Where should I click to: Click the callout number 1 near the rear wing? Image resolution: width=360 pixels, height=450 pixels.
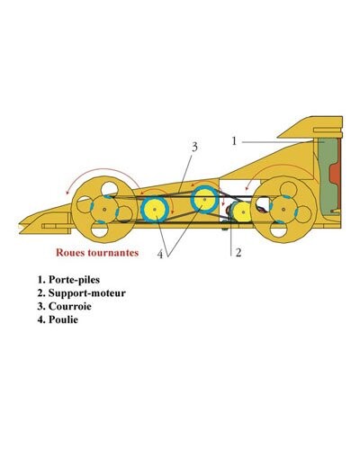(234, 140)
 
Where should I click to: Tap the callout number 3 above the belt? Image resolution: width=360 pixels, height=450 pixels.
(194, 147)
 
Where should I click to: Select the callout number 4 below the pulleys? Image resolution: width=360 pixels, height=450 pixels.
(160, 255)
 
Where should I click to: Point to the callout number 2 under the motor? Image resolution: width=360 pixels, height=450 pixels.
(238, 253)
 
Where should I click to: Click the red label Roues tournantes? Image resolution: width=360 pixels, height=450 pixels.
(97, 252)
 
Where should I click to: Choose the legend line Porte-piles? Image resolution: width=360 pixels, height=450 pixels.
(68, 280)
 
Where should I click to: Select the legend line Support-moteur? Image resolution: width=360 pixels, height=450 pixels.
(82, 292)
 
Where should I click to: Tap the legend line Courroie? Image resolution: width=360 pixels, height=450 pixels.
(64, 306)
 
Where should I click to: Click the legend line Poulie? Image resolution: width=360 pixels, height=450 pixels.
(58, 319)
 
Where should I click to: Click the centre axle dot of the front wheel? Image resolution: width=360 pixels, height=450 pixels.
(104, 210)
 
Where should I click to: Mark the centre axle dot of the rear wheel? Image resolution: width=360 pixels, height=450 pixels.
(283, 209)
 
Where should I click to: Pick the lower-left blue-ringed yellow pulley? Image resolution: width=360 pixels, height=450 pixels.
(155, 209)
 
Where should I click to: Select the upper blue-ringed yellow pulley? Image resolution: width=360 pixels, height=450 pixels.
(204, 200)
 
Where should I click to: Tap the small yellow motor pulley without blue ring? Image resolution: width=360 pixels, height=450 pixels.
(243, 212)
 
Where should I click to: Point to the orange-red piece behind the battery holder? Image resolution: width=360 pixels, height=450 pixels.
(337, 175)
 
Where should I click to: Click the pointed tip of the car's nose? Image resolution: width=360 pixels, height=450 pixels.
(19, 225)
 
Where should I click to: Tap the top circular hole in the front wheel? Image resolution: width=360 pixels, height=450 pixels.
(109, 189)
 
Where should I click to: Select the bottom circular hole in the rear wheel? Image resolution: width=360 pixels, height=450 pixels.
(278, 229)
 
